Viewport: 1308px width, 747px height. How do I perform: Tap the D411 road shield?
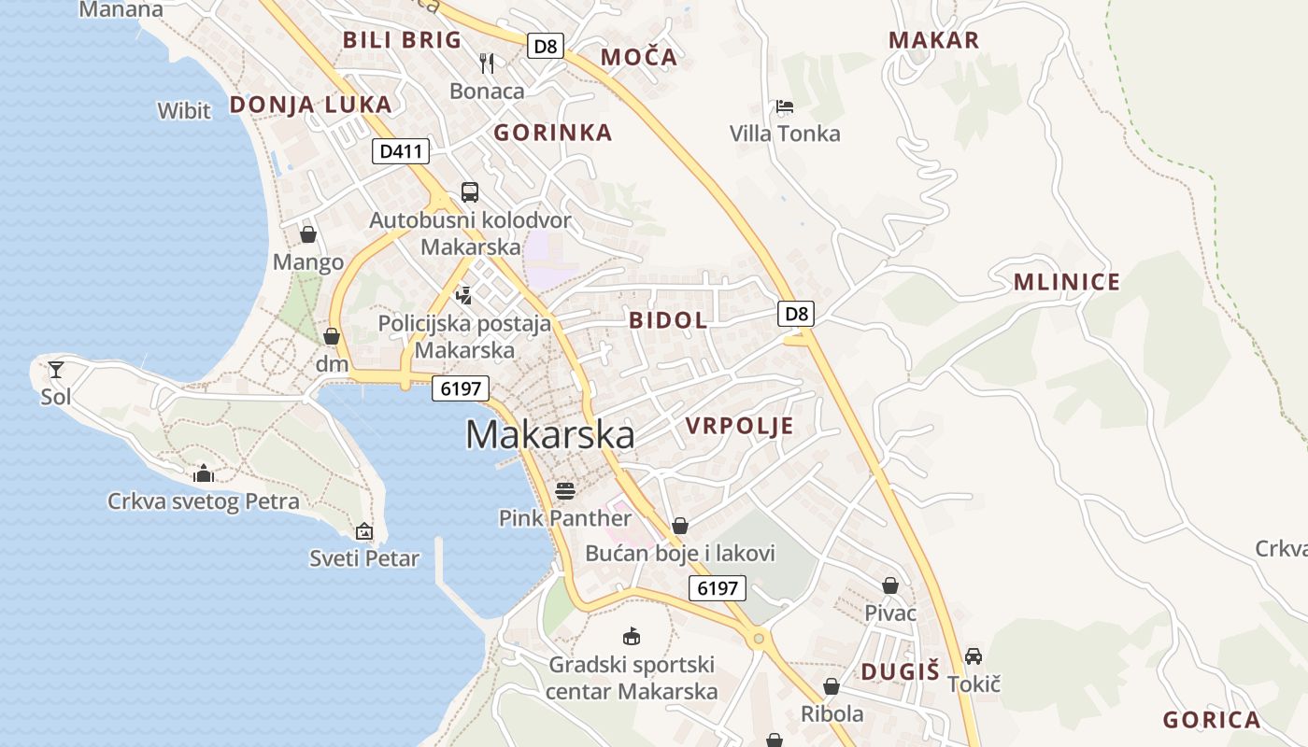[x=401, y=151]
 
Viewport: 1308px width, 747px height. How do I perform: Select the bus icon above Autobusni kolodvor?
[x=470, y=192]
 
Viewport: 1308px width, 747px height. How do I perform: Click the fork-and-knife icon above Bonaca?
[x=486, y=63]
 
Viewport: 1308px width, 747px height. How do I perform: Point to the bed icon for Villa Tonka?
[x=784, y=106]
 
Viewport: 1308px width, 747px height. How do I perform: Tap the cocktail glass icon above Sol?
[x=56, y=369]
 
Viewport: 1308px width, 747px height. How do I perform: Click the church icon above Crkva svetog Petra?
[x=203, y=473]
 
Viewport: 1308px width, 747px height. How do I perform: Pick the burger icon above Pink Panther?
[x=564, y=490]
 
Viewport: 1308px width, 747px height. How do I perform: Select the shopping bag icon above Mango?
[x=308, y=233]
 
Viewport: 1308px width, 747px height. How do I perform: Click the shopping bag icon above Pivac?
[x=890, y=585]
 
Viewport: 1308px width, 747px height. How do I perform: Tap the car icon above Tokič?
[x=974, y=655]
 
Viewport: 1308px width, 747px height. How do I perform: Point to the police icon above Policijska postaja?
[x=463, y=296]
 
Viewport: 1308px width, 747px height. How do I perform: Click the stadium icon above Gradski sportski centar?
[x=632, y=637]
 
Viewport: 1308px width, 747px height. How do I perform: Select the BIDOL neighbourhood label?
[x=668, y=320]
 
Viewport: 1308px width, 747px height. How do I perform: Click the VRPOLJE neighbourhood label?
[x=739, y=427]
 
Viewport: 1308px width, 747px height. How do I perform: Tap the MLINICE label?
[x=1067, y=283]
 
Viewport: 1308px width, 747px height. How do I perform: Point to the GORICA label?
[x=1212, y=720]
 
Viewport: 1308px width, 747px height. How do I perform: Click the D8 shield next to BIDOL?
[x=796, y=314]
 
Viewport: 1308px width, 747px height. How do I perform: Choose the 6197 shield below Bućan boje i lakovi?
[x=718, y=588]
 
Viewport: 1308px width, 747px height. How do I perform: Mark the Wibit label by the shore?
[x=184, y=110]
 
